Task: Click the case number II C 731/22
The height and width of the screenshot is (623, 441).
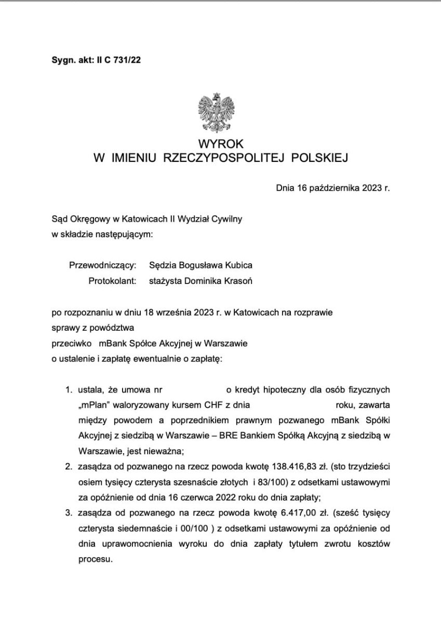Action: point(118,60)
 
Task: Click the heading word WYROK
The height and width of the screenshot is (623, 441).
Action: point(220,144)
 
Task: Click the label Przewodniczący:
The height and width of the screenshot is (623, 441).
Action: point(102,266)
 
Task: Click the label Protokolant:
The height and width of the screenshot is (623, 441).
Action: point(112,281)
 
